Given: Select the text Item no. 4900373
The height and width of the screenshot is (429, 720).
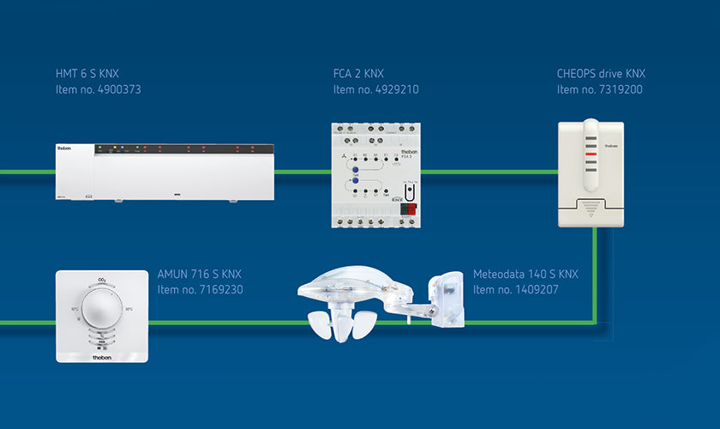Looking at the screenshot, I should click(98, 89).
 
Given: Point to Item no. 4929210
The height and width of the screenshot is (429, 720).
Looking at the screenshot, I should click(375, 89).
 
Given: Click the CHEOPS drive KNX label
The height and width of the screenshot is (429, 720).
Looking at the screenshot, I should click(600, 73).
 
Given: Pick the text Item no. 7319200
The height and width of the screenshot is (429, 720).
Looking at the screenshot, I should click(599, 89).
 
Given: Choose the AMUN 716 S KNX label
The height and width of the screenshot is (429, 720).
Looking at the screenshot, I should click(200, 275).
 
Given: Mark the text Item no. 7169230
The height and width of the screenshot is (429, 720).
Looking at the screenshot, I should click(200, 290).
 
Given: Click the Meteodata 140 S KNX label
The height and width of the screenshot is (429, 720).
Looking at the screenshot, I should click(525, 275).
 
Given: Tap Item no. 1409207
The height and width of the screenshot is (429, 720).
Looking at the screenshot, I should click(516, 290).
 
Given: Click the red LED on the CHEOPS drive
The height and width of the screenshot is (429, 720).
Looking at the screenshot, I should click(591, 155).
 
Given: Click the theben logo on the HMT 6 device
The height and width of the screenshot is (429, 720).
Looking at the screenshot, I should click(66, 148).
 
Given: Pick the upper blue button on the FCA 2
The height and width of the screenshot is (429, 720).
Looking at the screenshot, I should click(352, 170).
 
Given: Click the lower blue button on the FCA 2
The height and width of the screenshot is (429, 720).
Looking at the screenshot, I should click(352, 182).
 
